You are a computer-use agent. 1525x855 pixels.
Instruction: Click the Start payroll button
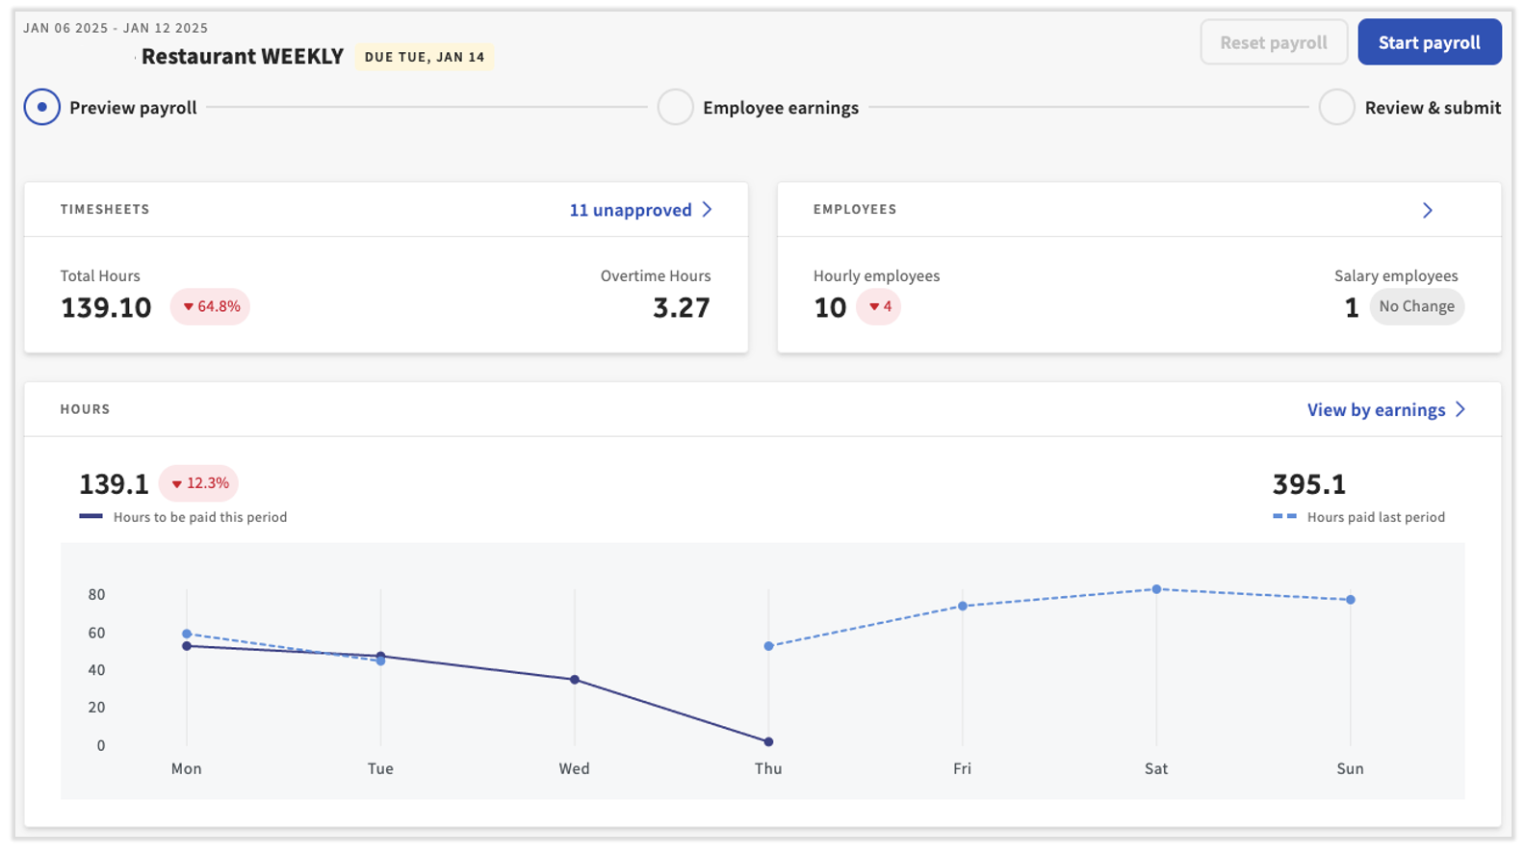1429,42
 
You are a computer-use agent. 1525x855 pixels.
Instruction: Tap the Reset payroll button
1273,42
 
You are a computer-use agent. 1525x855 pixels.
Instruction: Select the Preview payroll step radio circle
42,107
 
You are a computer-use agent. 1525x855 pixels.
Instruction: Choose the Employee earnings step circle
675,107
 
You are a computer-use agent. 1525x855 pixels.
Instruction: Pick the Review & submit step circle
1336,107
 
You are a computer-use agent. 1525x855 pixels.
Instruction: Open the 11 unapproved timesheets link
640,210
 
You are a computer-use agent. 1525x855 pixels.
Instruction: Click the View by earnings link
1385,410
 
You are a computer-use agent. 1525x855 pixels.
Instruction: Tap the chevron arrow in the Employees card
1427,210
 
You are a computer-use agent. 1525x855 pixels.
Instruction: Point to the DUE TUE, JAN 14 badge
424,57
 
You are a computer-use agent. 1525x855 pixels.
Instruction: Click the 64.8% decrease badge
210,306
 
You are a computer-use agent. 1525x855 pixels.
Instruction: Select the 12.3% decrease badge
198,483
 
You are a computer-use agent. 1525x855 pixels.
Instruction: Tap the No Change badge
1416,306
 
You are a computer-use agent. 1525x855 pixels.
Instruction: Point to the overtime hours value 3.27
681,307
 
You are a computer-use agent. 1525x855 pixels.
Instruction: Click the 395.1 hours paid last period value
1308,484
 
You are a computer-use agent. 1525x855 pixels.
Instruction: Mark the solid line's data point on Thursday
768,741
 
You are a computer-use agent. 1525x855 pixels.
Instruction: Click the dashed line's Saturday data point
1156,589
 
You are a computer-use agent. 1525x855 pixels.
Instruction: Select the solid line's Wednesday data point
575,680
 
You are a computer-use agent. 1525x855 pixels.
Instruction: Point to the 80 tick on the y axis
96,594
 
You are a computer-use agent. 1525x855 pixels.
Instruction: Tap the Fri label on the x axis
962,768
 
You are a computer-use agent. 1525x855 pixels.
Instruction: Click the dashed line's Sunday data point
1351,600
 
